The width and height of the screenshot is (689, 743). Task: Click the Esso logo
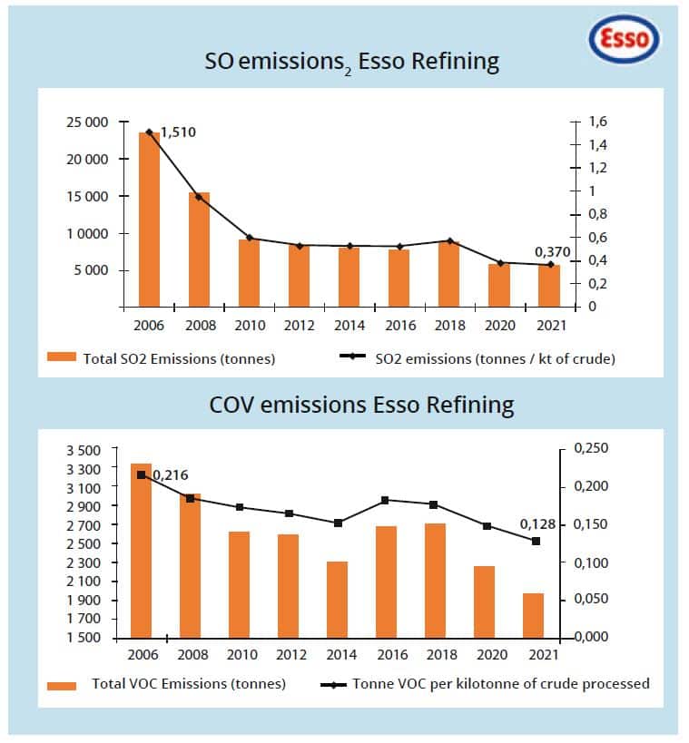625,41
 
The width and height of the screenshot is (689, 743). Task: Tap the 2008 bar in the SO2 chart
199,249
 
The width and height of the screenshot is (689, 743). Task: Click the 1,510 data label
178,132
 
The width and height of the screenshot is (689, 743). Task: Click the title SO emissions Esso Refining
352,62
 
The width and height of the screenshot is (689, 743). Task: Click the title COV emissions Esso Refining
361,404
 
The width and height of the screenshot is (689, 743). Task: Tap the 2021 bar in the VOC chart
533,615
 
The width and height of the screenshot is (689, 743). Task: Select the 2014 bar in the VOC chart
337,600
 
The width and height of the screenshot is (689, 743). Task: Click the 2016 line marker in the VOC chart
386,500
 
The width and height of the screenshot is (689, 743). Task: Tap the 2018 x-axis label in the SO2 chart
450,325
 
